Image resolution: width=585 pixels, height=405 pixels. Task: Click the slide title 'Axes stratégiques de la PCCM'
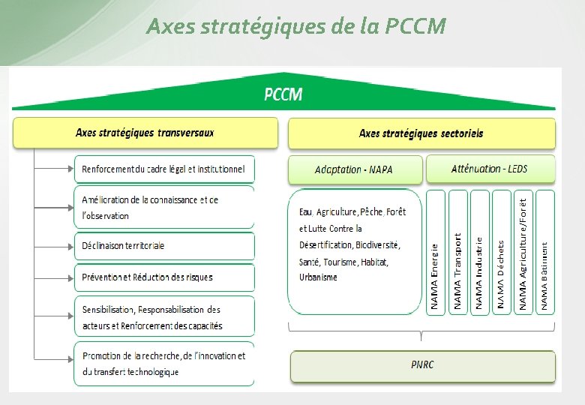tap(296, 28)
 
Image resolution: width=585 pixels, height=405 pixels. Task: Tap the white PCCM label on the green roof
tap(283, 94)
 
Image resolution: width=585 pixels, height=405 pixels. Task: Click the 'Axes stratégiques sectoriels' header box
tap(421, 133)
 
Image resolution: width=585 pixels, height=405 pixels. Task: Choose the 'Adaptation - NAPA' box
tap(354, 169)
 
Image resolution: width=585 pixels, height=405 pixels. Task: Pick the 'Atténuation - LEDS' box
tap(490, 169)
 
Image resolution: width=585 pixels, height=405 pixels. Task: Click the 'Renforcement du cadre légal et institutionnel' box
tap(163, 169)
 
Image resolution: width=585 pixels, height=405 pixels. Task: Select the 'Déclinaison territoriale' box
tap(163, 246)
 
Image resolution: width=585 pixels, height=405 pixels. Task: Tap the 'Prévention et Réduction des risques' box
tap(163, 277)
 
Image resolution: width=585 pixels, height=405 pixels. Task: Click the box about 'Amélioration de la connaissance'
tap(163, 208)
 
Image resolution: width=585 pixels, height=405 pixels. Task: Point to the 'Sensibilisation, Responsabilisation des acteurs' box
tap(163, 317)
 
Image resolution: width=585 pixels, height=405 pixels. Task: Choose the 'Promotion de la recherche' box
tap(163, 364)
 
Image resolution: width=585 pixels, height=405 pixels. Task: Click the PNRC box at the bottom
tap(422, 365)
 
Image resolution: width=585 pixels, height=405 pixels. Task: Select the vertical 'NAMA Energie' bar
tap(435, 252)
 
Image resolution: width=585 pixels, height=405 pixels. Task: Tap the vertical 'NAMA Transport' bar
tap(457, 252)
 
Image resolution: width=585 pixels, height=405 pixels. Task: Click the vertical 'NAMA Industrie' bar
tap(479, 252)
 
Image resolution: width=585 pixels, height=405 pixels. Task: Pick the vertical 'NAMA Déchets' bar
tap(501, 252)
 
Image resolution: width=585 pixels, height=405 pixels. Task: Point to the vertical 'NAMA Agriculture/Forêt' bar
tap(523, 252)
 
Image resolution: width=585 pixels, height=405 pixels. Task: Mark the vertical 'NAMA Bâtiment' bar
tap(545, 252)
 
